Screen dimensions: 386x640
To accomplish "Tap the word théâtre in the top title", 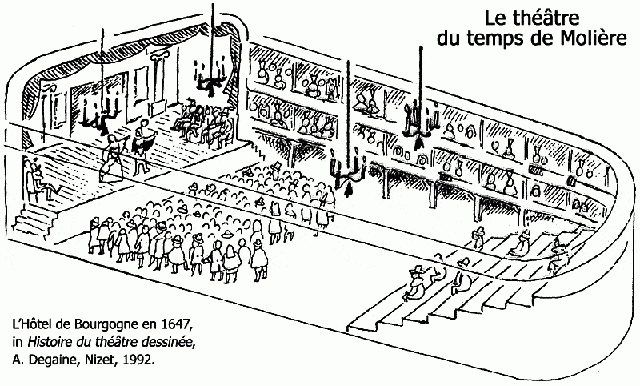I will pos(552,18).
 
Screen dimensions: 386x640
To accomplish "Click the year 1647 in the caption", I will pos(175,325).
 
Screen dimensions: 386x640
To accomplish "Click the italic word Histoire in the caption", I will pos(50,343).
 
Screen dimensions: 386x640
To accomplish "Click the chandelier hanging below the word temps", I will pos(418,120).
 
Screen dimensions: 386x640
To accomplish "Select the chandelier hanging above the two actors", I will pos(103,116).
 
